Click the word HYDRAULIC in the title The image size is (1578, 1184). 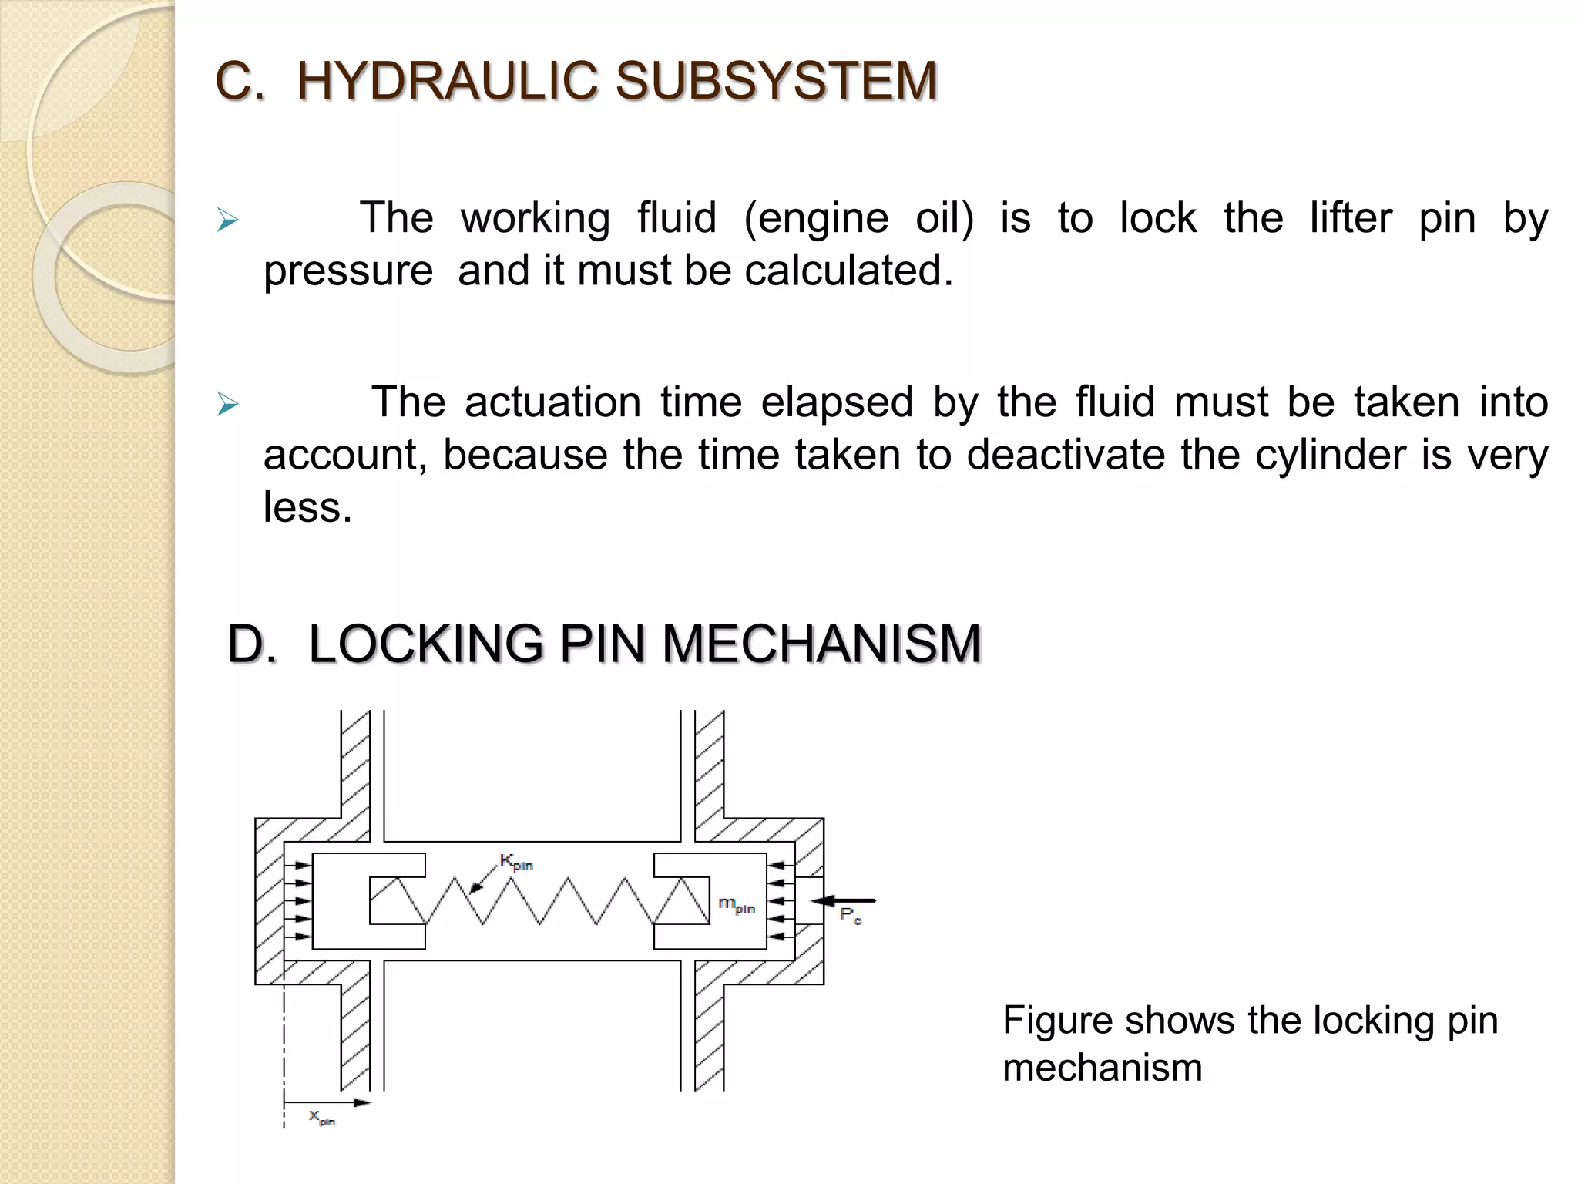[447, 81]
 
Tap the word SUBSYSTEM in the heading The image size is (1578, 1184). [776, 81]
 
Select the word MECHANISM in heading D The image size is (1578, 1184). [821, 644]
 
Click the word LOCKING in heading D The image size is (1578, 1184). [425, 644]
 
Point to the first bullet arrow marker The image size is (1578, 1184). [227, 220]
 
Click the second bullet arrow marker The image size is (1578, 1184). [227, 404]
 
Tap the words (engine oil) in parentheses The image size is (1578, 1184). [858, 219]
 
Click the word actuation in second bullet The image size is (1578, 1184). [552, 402]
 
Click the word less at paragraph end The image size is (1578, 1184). [307, 507]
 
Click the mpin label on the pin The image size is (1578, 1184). [736, 904]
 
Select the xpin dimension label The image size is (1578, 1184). [321, 1117]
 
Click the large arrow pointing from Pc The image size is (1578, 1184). [846, 900]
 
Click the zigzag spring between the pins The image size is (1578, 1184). [539, 900]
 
